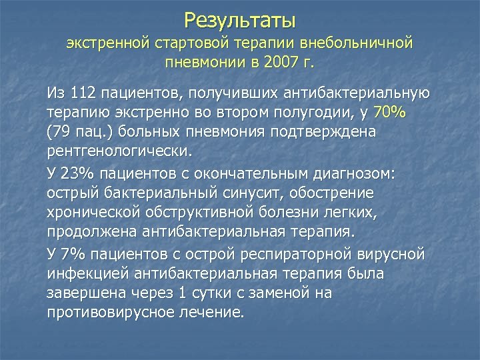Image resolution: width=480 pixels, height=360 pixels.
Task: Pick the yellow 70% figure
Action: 389,112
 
